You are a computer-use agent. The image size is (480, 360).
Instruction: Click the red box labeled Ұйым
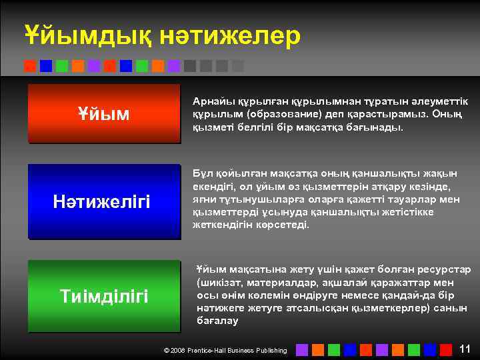click(x=104, y=114)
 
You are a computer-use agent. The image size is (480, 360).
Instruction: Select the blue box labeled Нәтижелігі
click(x=104, y=201)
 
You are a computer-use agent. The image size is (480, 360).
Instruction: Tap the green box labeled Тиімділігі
click(x=104, y=296)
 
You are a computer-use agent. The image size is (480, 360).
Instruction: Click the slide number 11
click(x=465, y=348)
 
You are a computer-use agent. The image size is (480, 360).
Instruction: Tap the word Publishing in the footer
click(x=271, y=350)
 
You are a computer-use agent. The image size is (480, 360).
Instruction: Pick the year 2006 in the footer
click(x=178, y=350)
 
